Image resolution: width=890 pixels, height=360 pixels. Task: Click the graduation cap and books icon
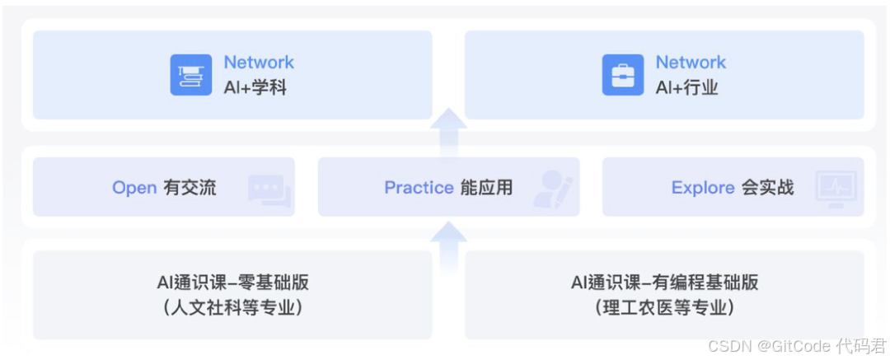[x=191, y=75]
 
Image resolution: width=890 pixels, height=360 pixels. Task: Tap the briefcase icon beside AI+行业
[x=623, y=75]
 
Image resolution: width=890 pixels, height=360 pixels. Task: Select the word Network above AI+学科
[x=259, y=63]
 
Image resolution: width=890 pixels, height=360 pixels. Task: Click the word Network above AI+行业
[x=691, y=63]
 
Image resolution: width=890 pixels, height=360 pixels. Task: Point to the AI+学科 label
[x=255, y=87]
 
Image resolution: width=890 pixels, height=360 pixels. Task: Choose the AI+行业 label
[x=687, y=87]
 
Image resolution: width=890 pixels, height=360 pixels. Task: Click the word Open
[x=134, y=188]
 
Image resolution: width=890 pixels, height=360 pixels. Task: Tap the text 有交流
[x=190, y=188]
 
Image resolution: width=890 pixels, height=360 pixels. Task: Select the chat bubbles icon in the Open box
[x=269, y=190]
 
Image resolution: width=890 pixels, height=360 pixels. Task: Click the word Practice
[x=419, y=188]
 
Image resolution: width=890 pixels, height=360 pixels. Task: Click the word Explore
[x=703, y=188]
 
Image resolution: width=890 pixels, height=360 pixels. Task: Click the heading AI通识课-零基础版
[x=233, y=283]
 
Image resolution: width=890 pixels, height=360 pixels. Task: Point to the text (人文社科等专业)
[x=233, y=308]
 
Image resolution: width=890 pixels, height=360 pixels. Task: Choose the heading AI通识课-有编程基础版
[x=664, y=283]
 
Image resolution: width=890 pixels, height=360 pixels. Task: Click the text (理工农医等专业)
[x=664, y=308]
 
